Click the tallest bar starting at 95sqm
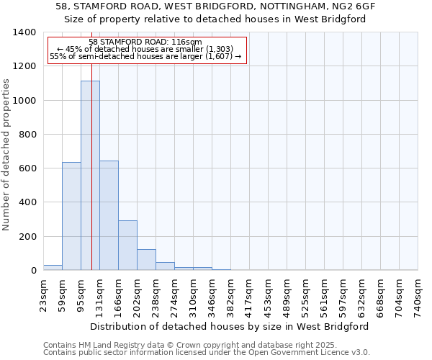coord(90,176)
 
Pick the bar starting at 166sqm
coord(127,245)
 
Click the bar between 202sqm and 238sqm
coord(146,259)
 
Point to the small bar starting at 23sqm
coord(53,267)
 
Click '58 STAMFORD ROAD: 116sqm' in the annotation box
coord(145,42)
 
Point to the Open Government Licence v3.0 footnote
coord(207,353)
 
